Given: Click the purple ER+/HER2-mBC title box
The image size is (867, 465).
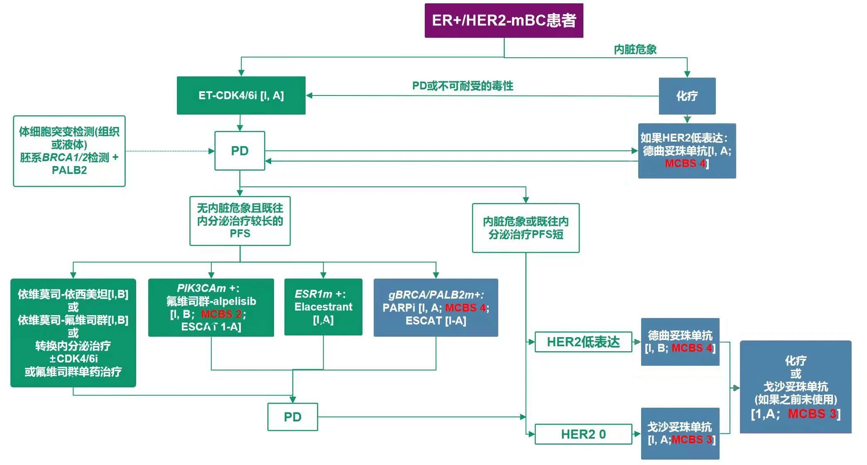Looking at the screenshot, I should pos(504,20).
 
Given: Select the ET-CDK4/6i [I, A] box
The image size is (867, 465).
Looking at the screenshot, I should pos(241,95).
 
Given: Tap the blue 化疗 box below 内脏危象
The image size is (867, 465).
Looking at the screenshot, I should pos(687,96).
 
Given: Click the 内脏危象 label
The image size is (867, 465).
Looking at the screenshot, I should pos(635,49).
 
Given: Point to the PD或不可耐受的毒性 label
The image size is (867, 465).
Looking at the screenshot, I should pos(462,86).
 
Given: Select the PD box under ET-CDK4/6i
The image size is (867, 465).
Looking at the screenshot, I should pos(240,151).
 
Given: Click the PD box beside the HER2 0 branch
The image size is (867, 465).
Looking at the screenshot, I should pos(292,417).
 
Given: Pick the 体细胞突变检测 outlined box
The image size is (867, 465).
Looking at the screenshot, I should pos(69,151).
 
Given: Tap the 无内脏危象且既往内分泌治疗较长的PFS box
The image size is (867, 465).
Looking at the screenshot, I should pos(240,221).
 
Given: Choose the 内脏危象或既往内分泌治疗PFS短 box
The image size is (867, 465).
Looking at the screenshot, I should pos(525,228).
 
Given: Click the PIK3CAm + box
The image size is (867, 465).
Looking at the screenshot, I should pos(211,307).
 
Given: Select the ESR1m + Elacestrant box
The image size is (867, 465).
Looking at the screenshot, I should pos(323,307).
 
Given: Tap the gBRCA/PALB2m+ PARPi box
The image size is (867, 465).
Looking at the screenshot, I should pos(436,307).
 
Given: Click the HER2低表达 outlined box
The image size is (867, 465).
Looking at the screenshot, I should pos(583,342).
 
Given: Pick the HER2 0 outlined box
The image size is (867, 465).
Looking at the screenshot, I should pos(583,434).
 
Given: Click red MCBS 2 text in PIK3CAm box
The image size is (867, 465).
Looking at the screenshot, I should pos(221,314).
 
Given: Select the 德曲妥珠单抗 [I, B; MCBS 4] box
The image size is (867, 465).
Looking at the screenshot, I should pos(680,342).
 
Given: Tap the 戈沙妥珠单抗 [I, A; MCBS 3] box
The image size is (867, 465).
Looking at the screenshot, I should pos(680,433).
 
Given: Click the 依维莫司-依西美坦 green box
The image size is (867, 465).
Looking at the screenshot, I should pos(73,333).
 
